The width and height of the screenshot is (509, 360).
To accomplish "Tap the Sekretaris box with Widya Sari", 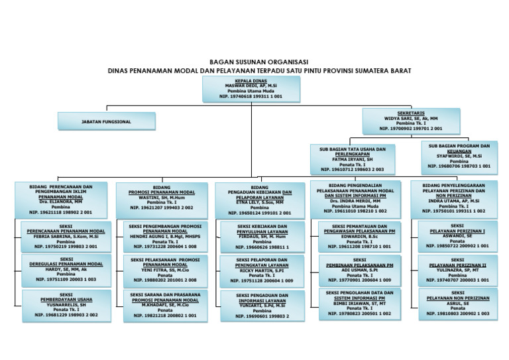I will [411, 121].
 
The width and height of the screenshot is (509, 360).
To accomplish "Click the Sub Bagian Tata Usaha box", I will [353, 159].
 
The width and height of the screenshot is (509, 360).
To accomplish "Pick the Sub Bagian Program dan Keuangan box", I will [459, 156].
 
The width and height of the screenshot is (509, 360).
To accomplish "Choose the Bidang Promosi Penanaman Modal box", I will [161, 198].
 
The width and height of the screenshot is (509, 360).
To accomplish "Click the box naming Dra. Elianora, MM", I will [61, 200].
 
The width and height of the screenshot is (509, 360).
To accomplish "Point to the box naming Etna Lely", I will [260, 200].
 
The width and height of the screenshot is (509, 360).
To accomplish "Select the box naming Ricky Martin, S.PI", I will [262, 271].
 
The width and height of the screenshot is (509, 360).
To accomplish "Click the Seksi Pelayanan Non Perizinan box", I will [457, 304].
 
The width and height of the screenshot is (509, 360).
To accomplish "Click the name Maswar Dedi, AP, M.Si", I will [251, 84].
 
